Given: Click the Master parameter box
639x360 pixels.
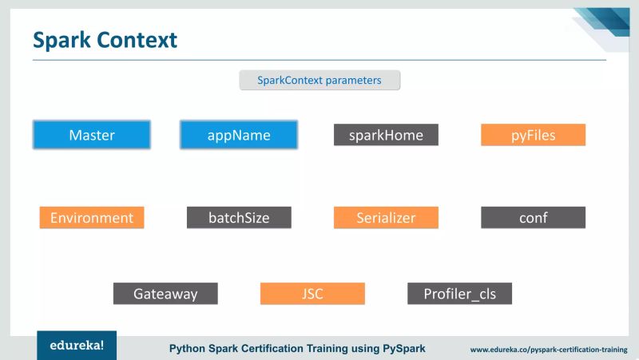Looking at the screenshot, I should click(92, 135).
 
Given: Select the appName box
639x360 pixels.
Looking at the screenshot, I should click(239, 135).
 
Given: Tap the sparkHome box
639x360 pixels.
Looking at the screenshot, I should click(386, 135).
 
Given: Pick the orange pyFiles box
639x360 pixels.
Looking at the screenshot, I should click(533, 135).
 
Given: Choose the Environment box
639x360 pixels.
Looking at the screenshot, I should click(92, 217).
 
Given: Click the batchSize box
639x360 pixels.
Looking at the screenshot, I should click(239, 217).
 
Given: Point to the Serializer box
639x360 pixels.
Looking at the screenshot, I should click(386, 217).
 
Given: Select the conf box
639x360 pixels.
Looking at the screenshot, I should click(533, 217).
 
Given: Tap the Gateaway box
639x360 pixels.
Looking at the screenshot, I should click(165, 294).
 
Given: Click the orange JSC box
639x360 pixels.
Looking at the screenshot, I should click(312, 294).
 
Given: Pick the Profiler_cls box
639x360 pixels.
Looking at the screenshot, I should click(459, 294).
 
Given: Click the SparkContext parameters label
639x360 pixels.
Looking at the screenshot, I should click(319, 80).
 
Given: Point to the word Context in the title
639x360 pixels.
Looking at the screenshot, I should click(141, 40).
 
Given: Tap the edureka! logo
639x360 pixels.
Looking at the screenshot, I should click(77, 346).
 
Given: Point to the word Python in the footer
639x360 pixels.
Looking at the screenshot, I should click(189, 349).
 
